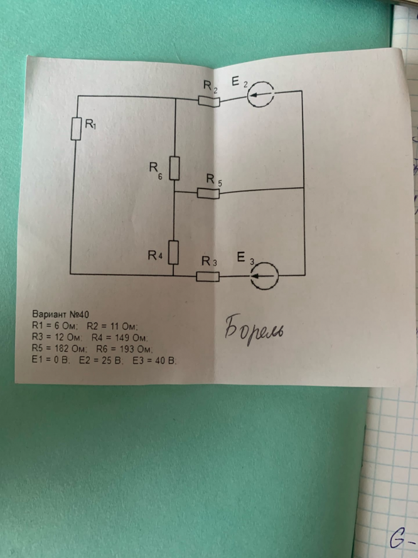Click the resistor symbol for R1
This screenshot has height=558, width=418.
(x=75, y=129)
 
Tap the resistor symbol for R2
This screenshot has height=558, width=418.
(x=208, y=100)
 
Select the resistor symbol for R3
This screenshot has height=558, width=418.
(x=208, y=276)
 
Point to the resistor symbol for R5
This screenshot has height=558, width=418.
(x=208, y=193)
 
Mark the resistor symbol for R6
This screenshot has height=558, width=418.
(x=174, y=168)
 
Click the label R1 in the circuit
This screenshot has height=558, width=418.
(x=90, y=126)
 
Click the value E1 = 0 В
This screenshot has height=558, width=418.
(x=51, y=361)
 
